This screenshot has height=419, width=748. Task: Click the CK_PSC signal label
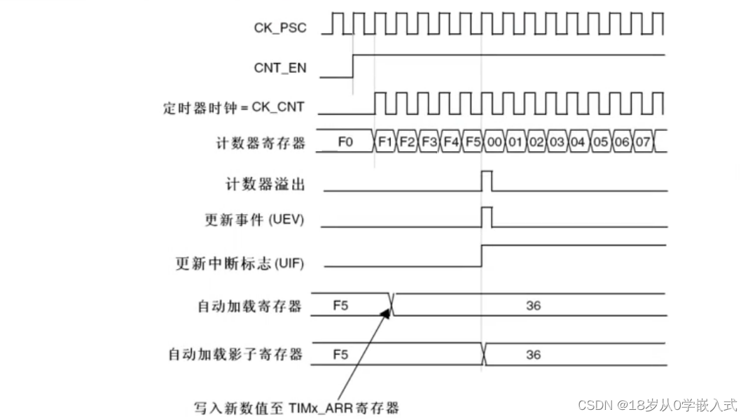(x=279, y=28)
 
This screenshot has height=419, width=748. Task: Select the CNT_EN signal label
(x=279, y=69)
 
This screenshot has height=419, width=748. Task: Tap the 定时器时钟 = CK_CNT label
(x=234, y=108)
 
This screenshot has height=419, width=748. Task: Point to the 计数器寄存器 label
(x=261, y=143)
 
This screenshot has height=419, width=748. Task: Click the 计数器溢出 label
(x=265, y=184)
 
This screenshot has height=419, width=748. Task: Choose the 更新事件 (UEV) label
(x=254, y=220)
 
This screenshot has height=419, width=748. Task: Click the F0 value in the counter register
(x=345, y=142)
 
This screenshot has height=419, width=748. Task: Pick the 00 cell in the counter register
(x=494, y=142)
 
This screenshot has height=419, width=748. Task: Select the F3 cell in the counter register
(x=429, y=142)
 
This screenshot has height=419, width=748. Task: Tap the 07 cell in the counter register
(x=643, y=142)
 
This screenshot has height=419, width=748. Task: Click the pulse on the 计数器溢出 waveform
(x=487, y=180)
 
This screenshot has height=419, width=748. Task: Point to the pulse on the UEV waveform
(x=487, y=216)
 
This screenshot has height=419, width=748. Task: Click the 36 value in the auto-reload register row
(x=533, y=306)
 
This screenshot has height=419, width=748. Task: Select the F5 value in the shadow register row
(x=340, y=355)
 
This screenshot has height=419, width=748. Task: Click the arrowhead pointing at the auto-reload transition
(x=385, y=312)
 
